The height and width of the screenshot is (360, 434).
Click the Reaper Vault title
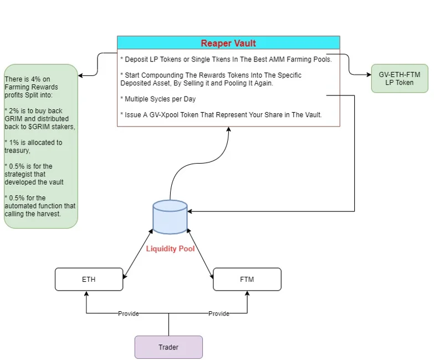click(x=228, y=43)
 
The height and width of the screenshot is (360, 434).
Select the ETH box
click(x=89, y=279)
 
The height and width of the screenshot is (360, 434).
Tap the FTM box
click(x=247, y=279)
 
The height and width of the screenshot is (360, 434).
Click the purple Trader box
click(x=169, y=347)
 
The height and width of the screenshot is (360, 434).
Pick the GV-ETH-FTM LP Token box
click(x=400, y=78)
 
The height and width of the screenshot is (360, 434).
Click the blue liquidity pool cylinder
click(x=170, y=217)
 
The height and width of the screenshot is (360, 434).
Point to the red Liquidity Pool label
click(x=170, y=249)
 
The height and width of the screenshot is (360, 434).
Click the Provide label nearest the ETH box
click(x=129, y=313)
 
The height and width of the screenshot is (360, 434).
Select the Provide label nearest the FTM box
click(x=218, y=313)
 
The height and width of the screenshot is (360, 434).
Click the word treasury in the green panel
click(x=16, y=151)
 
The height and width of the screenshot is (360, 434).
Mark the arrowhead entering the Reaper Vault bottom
click(x=228, y=129)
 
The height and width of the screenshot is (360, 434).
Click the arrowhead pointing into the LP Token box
click(x=369, y=74)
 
